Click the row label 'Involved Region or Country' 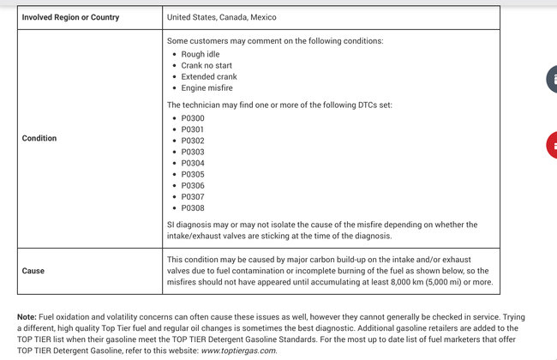[70, 17]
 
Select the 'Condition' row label [39, 138]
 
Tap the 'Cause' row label [33, 271]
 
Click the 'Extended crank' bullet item [210, 76]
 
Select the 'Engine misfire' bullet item [207, 87]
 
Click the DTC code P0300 [193, 117]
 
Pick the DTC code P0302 [193, 140]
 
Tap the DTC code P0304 [193, 163]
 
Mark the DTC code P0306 [193, 185]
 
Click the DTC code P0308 [193, 207]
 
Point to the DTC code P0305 [193, 174]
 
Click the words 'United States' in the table [193, 17]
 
